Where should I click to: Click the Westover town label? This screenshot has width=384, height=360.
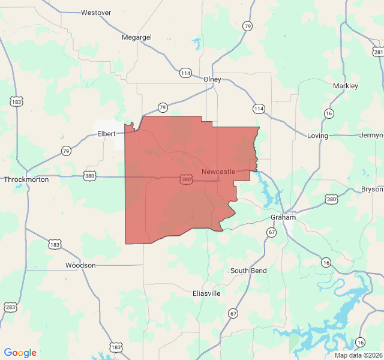tap(96, 12)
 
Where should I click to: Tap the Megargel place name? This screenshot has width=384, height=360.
tap(137, 37)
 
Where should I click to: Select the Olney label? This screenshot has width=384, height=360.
tap(212, 79)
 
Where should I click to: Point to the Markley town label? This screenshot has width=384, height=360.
tap(346, 86)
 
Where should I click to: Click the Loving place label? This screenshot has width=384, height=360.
tap(317, 136)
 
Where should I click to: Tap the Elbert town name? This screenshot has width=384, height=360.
tap(106, 134)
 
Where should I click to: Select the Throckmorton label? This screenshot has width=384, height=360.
tap(26, 179)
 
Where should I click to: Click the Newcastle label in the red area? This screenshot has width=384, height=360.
tap(218, 172)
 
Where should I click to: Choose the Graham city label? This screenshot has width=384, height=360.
tap(283, 217)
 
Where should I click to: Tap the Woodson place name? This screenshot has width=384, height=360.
tap(80, 265)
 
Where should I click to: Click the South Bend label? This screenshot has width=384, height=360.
tap(248, 271)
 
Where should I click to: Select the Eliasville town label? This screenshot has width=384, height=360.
tap(207, 293)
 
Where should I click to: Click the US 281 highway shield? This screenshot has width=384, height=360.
tap(378, 52)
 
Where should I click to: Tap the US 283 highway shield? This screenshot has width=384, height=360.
tap(11, 307)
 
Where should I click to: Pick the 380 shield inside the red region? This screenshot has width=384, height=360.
tap(186, 179)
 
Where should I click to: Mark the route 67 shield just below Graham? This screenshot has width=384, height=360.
tap(272, 232)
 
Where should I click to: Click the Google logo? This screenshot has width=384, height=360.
tap(20, 353)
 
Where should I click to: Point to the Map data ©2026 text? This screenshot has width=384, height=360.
tap(358, 355)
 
